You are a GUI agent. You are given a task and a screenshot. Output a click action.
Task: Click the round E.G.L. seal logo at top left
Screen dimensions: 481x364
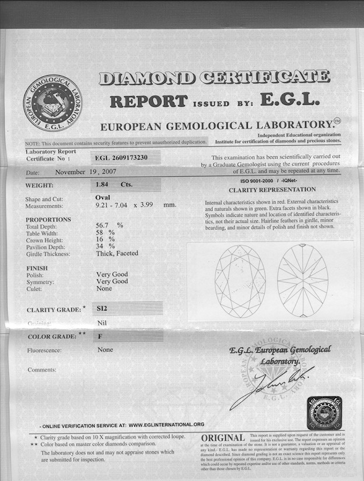52,103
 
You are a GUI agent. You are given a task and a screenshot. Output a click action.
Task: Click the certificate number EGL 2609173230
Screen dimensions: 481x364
121,157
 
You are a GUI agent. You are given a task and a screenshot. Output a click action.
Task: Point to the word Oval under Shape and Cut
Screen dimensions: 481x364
103,198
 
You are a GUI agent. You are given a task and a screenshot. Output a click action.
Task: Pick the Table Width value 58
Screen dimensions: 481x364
100,232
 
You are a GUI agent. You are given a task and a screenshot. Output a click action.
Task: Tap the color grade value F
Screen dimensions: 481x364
99,336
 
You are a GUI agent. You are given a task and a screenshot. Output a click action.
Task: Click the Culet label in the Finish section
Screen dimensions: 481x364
34,289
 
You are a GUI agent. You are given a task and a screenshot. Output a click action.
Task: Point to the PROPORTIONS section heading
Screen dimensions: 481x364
49,220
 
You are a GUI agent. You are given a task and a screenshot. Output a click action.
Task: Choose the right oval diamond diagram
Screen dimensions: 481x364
302,280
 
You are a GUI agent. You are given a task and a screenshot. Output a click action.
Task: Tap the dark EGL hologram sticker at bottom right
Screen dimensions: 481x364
324,413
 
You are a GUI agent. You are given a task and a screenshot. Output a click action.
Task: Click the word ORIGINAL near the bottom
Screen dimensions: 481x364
223,438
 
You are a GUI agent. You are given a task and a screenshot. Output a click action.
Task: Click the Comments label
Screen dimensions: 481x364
42,370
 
